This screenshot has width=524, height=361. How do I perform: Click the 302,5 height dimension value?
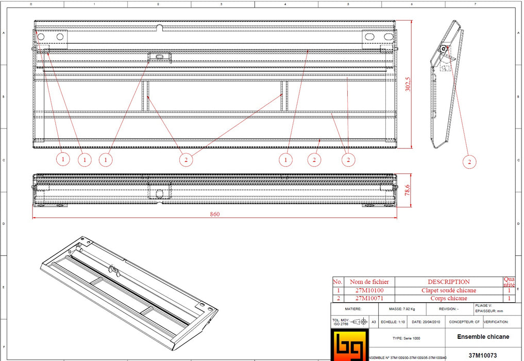point(407,84)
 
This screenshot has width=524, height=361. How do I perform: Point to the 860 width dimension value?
point(215,214)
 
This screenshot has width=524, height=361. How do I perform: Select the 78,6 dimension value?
point(407,191)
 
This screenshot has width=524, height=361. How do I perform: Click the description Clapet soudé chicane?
point(449,290)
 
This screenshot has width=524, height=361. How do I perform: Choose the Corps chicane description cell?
point(449,298)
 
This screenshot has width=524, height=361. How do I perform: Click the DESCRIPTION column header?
point(449,282)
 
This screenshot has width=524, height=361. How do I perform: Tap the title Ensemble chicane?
point(483,337)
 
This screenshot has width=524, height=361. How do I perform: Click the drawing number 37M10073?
point(483,355)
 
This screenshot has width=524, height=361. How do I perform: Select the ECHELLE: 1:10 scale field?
point(393,321)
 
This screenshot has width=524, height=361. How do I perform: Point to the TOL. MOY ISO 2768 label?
point(340,321)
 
